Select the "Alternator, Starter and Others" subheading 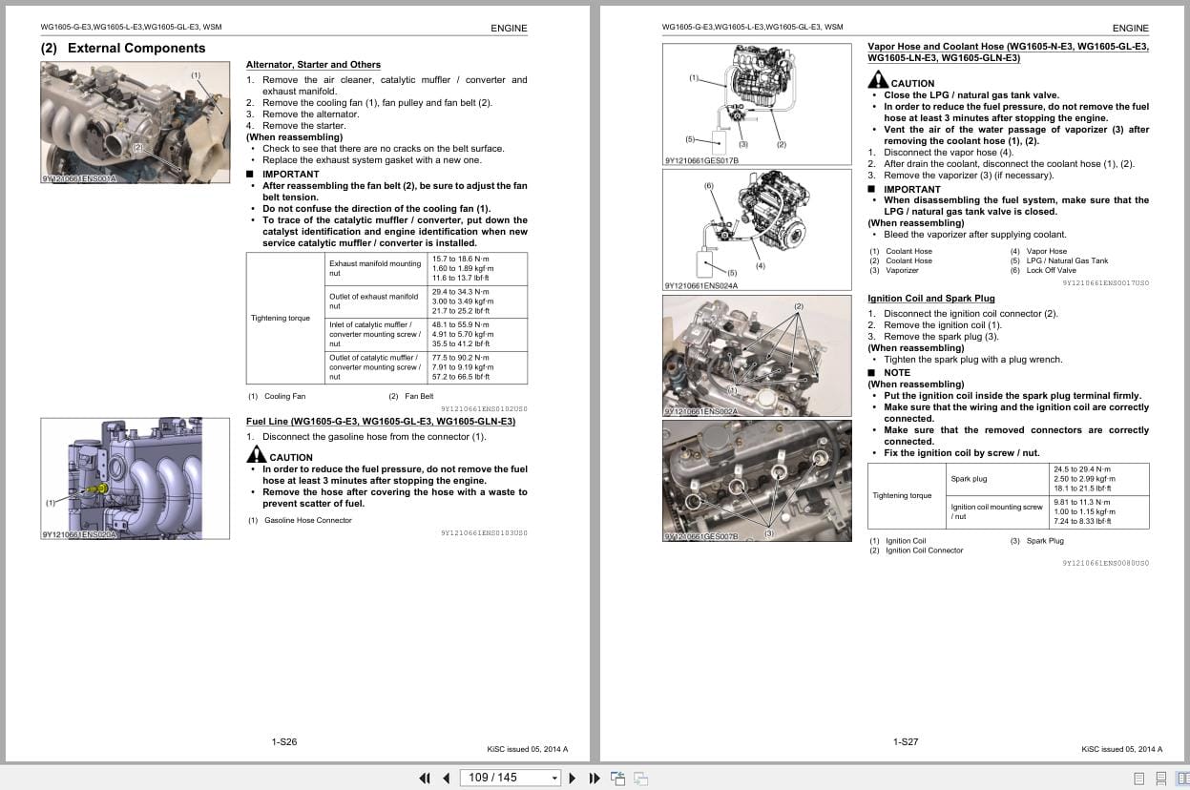pyautogui.click(x=313, y=65)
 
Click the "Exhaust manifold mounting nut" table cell pyautogui.click(x=374, y=268)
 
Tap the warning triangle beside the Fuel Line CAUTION pyautogui.click(x=256, y=455)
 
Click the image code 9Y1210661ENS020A pyautogui.click(x=78, y=534)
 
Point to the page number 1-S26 pyautogui.click(x=284, y=741)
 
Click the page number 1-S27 pyautogui.click(x=906, y=741)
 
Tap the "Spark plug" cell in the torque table pyautogui.click(x=969, y=479)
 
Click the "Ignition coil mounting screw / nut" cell pyautogui.click(x=996, y=511)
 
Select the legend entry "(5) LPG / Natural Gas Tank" pyautogui.click(x=1059, y=261)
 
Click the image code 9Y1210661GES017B pyautogui.click(x=701, y=160)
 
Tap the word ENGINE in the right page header pyautogui.click(x=1130, y=29)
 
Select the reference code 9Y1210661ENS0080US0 pyautogui.click(x=1105, y=563)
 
